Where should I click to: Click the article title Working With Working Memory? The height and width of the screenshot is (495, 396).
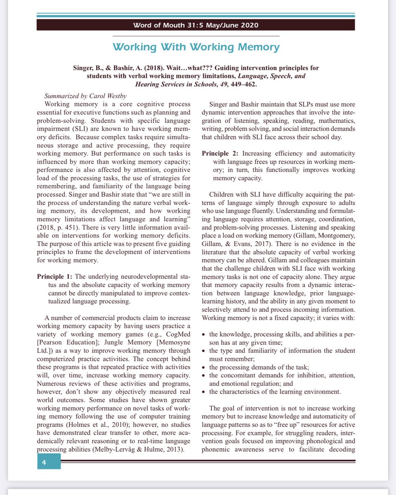coord(196,47)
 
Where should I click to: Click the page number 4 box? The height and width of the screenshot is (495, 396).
coord(49,462)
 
